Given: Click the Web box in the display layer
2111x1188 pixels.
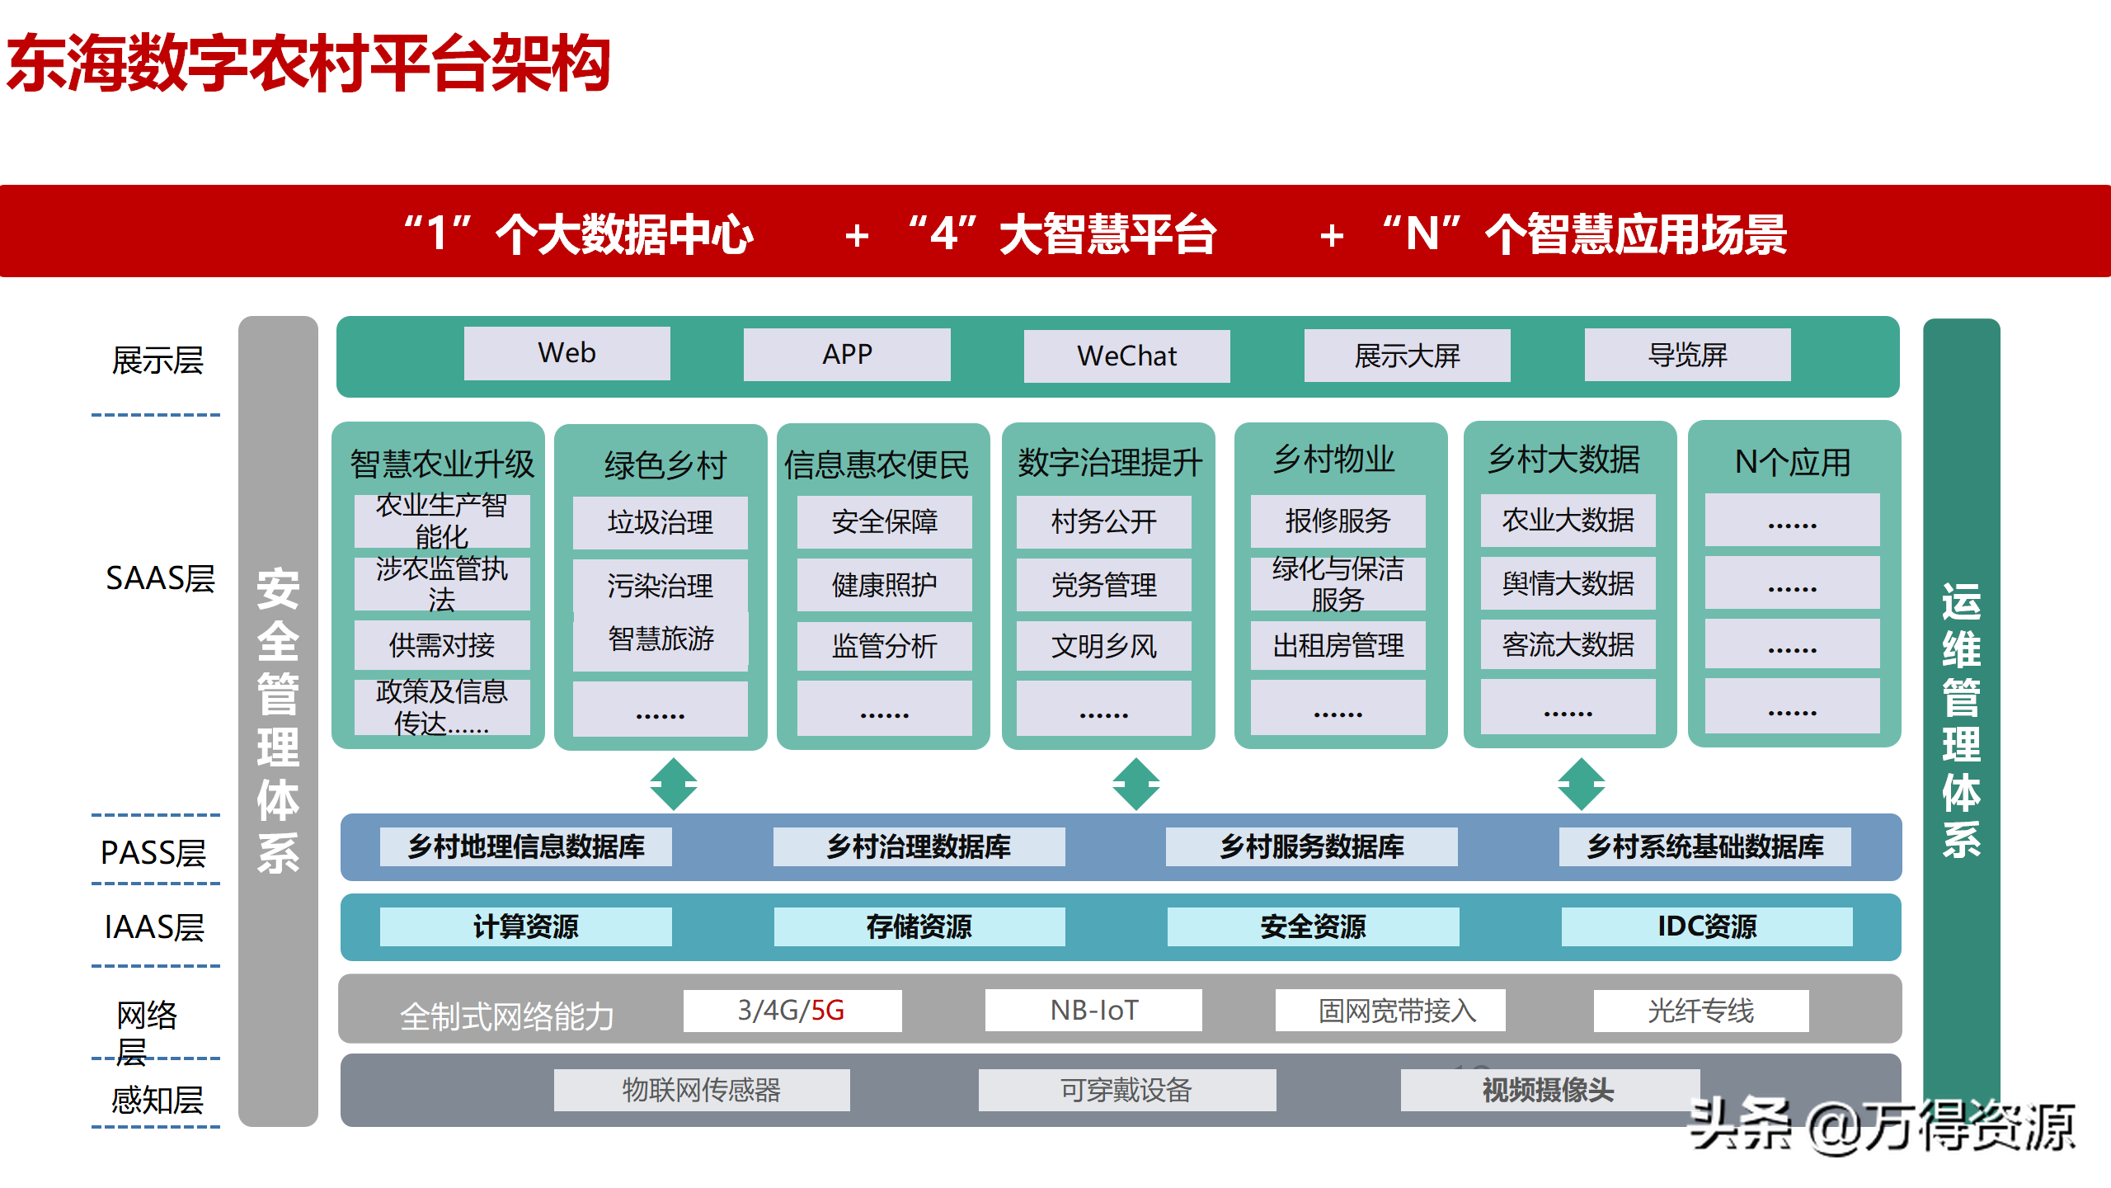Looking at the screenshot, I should tap(567, 353).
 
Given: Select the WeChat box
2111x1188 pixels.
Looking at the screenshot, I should tap(1126, 356).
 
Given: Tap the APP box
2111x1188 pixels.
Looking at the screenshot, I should tap(847, 355).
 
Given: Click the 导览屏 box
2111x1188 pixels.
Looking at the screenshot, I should tap(1687, 355).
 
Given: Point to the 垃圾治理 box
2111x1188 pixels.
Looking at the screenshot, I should tap(660, 522).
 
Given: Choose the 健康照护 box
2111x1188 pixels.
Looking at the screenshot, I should tap(884, 585).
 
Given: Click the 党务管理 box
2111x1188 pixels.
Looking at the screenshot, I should tap(1103, 585).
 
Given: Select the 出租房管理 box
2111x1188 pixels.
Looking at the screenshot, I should tap(1338, 645).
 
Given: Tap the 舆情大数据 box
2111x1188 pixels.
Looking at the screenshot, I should tap(1568, 583).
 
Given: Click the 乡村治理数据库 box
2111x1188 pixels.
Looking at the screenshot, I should tap(919, 846).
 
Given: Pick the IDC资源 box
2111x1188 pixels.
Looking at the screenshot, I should tap(1707, 926).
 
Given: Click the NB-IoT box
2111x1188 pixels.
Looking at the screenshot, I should tap(1093, 1010).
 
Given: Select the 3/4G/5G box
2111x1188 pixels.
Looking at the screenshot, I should tap(792, 1010).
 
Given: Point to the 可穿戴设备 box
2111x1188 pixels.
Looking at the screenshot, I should tap(1126, 1090).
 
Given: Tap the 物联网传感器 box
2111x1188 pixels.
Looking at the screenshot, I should tap(701, 1090).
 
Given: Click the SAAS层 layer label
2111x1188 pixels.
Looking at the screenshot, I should tap(160, 578).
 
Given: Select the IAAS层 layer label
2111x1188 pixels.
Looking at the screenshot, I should tap(154, 927).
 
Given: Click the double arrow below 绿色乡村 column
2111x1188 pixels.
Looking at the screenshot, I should tap(673, 784).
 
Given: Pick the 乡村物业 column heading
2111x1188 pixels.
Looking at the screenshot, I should tap(1334, 460).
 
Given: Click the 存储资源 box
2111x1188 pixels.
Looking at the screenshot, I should tap(919, 926).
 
